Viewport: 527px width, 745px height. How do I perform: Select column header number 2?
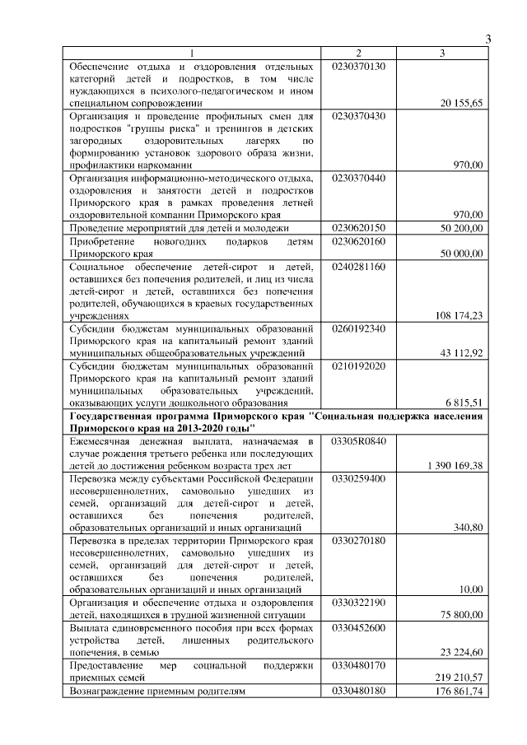coord(357,54)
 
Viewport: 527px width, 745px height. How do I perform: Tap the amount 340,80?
coord(469,527)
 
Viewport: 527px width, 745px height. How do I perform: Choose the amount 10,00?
coord(472,589)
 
